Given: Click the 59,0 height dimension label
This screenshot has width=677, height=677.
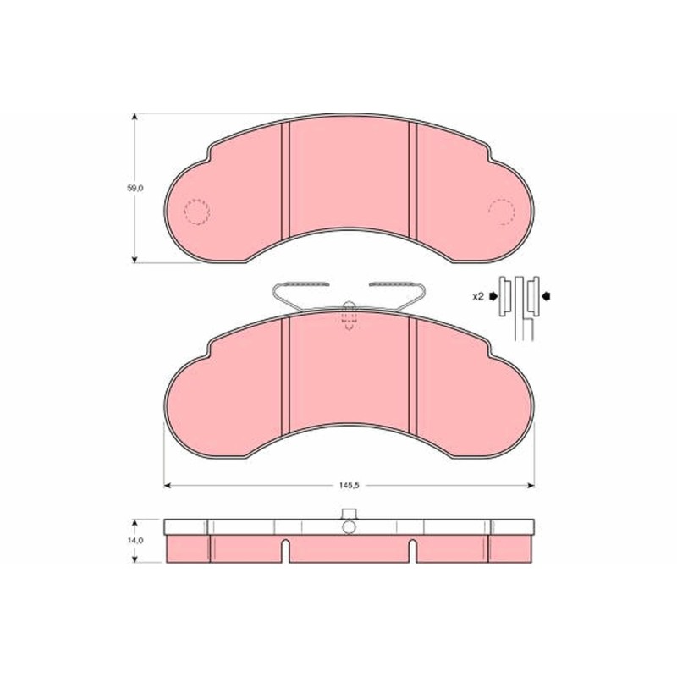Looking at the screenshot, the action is [x=135, y=188].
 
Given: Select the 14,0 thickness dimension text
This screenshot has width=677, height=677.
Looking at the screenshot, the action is [x=135, y=540].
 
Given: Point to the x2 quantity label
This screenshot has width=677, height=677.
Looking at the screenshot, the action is [x=478, y=297].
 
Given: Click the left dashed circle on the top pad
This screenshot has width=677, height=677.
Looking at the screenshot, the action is [x=197, y=212].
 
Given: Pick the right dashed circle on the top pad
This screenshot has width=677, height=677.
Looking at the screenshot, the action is [x=502, y=212].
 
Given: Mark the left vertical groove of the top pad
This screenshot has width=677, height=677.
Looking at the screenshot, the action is [x=285, y=179].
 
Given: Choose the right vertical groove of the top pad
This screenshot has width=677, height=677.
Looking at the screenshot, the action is [x=413, y=179].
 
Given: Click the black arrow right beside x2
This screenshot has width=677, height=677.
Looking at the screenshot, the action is [x=493, y=296].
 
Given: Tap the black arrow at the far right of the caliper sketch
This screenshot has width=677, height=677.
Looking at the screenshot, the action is [x=547, y=296].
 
